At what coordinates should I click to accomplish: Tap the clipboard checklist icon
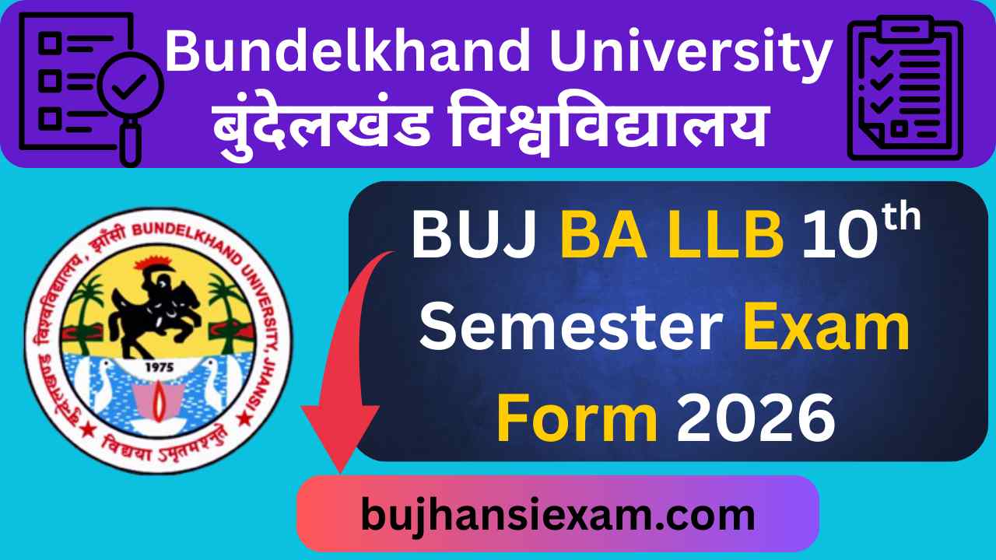click(905, 88)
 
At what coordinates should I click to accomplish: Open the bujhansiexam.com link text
click(557, 514)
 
